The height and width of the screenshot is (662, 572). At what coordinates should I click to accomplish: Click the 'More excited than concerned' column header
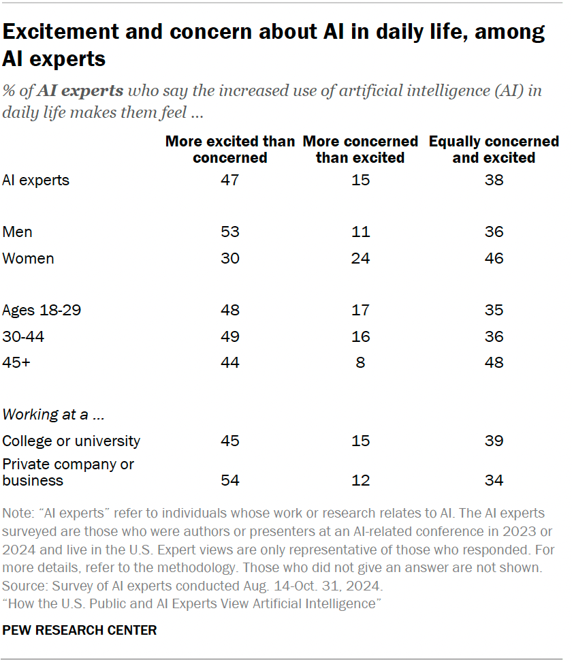click(230, 149)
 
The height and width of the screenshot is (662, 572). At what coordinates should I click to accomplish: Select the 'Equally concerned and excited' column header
click(494, 149)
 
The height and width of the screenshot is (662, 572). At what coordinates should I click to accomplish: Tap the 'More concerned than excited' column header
click(360, 149)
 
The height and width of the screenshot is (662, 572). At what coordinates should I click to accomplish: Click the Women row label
click(28, 258)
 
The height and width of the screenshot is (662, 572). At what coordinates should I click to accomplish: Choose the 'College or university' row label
click(71, 441)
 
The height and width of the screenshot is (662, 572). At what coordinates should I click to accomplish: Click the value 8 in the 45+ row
click(360, 362)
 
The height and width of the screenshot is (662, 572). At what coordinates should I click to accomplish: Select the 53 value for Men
click(230, 232)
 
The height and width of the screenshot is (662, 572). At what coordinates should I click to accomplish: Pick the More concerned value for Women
click(360, 258)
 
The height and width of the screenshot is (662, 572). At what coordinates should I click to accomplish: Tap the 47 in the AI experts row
click(230, 180)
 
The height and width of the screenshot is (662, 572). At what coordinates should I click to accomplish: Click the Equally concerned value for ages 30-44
click(494, 336)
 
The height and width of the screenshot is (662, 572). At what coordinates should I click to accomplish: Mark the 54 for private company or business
click(230, 480)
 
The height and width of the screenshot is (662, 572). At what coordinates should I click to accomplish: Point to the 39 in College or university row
click(494, 441)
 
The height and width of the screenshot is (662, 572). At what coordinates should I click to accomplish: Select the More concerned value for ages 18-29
click(360, 310)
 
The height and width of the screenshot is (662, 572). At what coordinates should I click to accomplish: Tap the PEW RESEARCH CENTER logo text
click(80, 630)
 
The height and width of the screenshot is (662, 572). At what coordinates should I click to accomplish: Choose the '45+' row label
click(17, 362)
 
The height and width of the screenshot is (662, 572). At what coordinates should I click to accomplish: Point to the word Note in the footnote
click(16, 513)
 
